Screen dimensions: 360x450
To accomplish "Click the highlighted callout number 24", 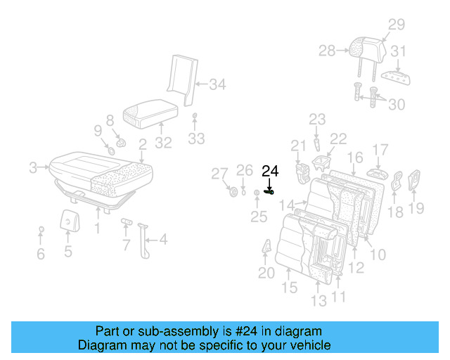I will tap(270, 171).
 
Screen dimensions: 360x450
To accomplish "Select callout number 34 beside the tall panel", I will tap(218, 86).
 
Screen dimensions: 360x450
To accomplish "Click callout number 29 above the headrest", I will tap(397, 25).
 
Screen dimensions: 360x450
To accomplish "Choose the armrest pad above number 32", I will tap(148, 112).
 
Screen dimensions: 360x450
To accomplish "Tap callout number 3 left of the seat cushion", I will tap(33, 167).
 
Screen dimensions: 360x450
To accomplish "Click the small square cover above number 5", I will tap(67, 220).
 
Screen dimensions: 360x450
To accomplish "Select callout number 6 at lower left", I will tap(40, 253).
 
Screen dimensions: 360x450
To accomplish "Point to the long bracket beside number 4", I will tap(147, 239).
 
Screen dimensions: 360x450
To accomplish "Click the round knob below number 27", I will tap(233, 192).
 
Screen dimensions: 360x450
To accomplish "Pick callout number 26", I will tap(244, 170).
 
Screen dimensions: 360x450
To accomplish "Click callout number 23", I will tap(317, 120).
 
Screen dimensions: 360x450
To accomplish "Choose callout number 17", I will tap(380, 150).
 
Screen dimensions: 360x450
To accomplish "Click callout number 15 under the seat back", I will tap(290, 287).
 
